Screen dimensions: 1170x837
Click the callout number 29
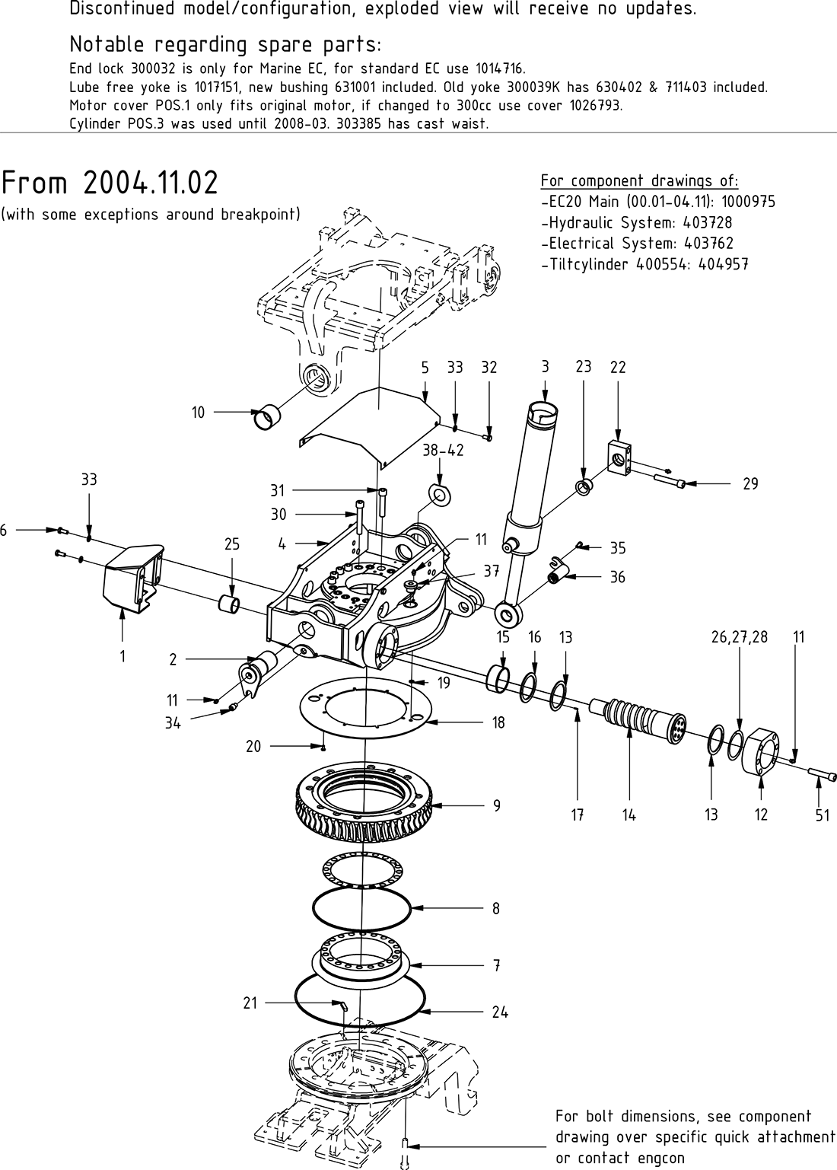[x=750, y=484]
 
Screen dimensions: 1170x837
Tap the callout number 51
[x=822, y=815]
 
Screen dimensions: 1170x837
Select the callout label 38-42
[x=443, y=450]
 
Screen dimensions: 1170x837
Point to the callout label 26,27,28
[x=740, y=636]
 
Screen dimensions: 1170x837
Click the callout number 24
[x=499, y=1012]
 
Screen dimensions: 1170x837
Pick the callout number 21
[x=250, y=1003]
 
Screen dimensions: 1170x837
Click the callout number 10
[x=198, y=413]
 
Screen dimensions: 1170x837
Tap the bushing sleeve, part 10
[x=266, y=416]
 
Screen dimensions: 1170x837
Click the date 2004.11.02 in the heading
[x=150, y=183]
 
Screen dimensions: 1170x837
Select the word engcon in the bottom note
[x=658, y=1158]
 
